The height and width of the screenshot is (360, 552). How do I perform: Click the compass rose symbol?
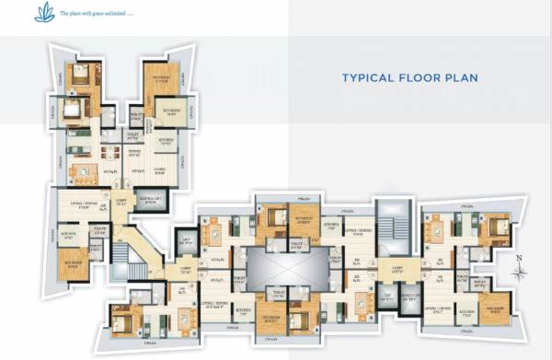521,273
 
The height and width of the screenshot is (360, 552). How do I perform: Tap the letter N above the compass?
520,258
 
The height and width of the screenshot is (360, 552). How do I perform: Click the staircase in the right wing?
390,232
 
